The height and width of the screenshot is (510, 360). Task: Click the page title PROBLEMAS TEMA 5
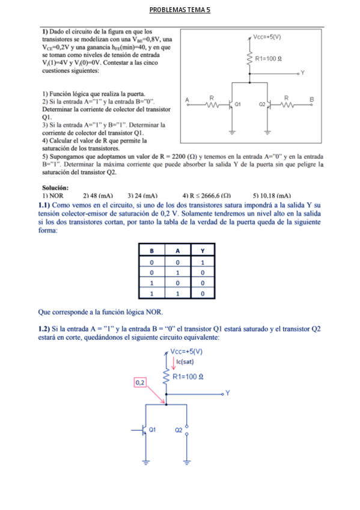pos(180,10)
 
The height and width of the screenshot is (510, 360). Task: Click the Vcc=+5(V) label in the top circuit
pos(269,37)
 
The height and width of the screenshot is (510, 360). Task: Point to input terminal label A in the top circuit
pos(187,99)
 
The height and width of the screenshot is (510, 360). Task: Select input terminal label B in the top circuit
pos(311,99)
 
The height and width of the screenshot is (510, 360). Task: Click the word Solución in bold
pos(55,188)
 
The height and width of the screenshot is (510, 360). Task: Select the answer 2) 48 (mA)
pos(97,196)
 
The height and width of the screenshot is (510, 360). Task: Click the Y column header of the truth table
pos(203,250)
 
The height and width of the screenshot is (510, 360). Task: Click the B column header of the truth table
pos(152,250)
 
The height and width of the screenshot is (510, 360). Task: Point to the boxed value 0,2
pos(140,382)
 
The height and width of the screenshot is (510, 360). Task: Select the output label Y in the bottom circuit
pos(228,393)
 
